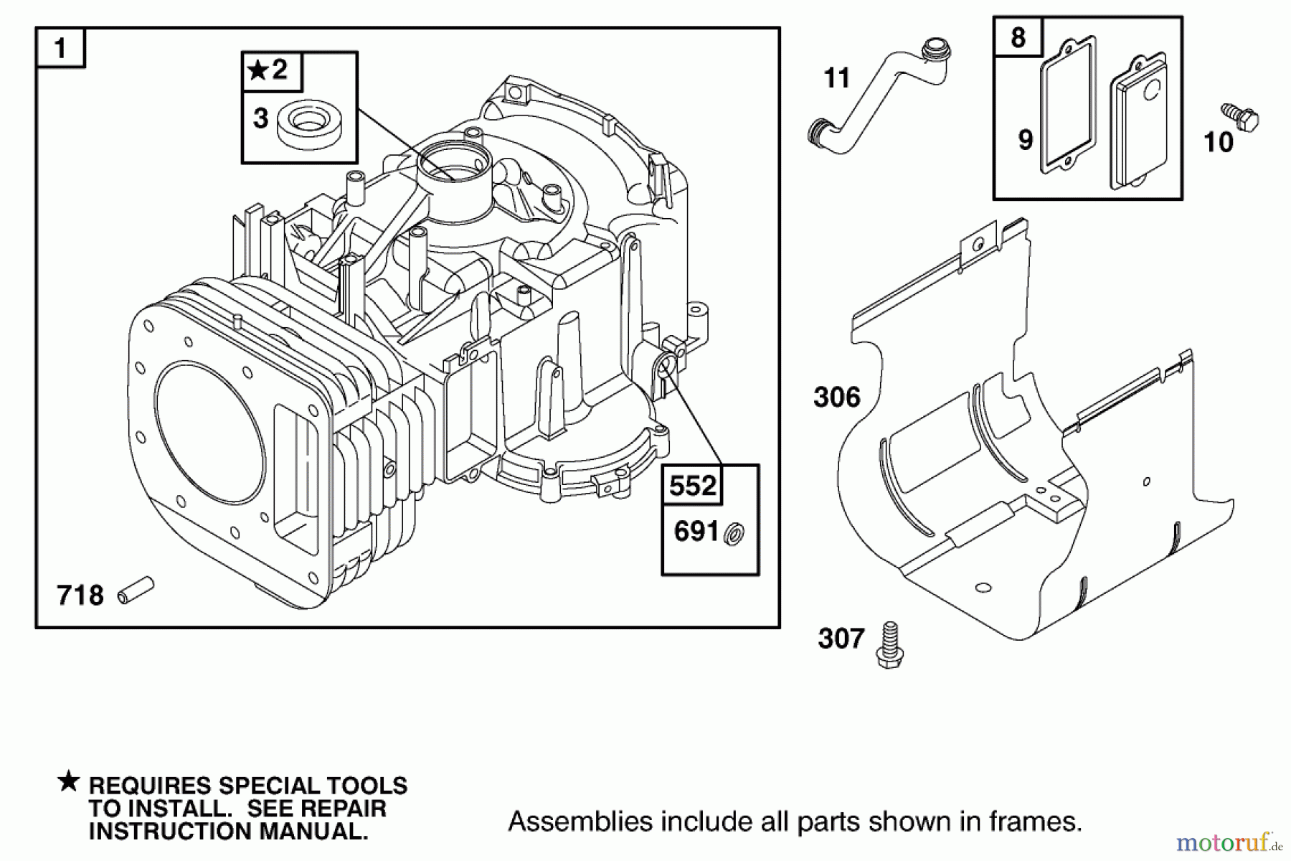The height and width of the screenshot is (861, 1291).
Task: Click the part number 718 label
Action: click(80, 596)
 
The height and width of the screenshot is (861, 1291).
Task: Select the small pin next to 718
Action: click(136, 591)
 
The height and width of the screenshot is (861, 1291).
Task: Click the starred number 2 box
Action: click(272, 70)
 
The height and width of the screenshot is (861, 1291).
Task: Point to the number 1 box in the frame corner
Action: click(61, 49)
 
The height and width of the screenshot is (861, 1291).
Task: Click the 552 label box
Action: click(692, 486)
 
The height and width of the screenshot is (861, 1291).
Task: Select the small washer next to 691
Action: click(734, 534)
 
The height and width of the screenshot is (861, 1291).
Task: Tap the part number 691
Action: click(696, 532)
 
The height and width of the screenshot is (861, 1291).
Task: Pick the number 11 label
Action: click(837, 77)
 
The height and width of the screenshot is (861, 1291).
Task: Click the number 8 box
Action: click(1018, 37)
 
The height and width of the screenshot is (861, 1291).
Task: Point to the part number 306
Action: click(837, 397)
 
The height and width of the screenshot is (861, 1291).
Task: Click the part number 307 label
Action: click(841, 638)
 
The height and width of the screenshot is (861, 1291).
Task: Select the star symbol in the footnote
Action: click(69, 781)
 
